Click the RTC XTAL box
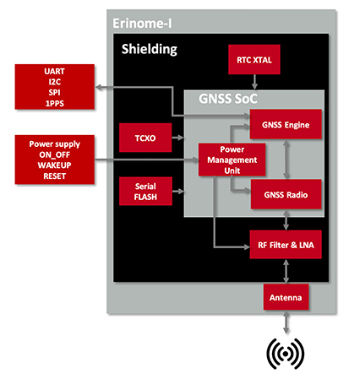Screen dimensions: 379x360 pos(254,60)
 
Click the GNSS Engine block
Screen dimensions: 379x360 pos(286,125)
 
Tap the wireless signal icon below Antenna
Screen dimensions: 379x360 pos(286,355)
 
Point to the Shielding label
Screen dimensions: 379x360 pos(150,50)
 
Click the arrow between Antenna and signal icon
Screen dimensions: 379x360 pos(286,323)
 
